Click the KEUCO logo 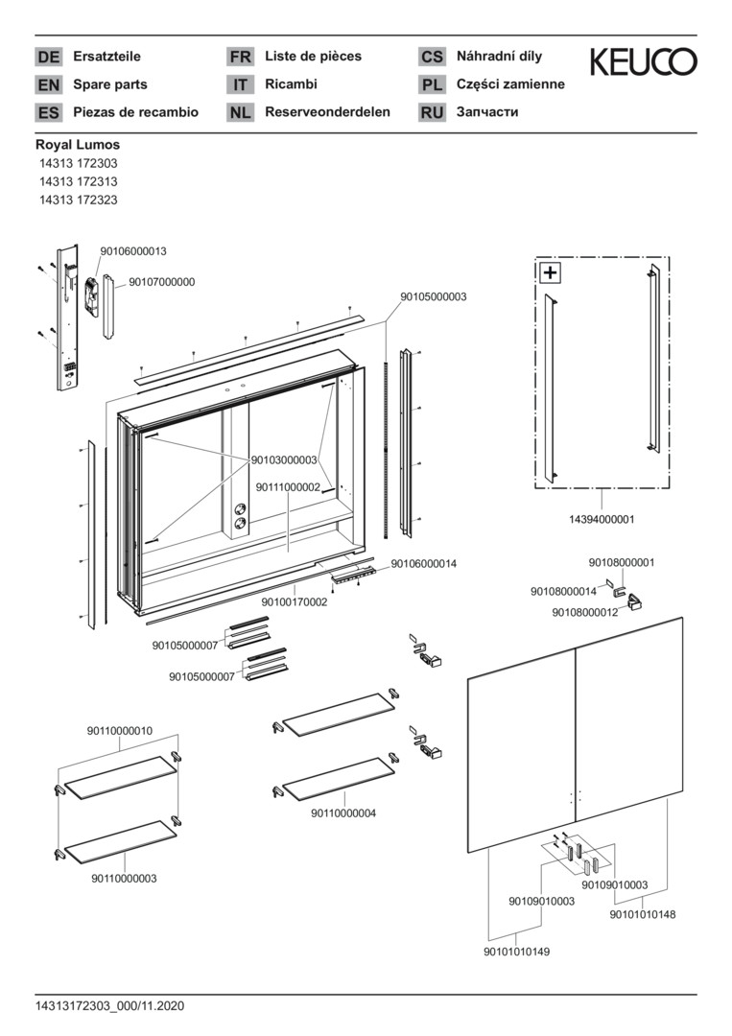coord(643,62)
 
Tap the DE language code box coord(48,57)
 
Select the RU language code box coord(432,112)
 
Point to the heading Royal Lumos coord(78,145)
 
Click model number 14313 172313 coord(79,182)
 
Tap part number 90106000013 coord(133,251)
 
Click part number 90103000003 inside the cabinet coord(284,460)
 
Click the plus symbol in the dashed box coord(551,272)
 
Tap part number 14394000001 coord(602,519)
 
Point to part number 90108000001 coord(622,562)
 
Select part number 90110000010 coord(119,731)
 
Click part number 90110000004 coord(343,813)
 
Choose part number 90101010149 coord(517,952)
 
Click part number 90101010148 coord(643,914)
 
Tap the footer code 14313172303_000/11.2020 coord(109,1006)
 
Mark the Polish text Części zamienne coord(510,84)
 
